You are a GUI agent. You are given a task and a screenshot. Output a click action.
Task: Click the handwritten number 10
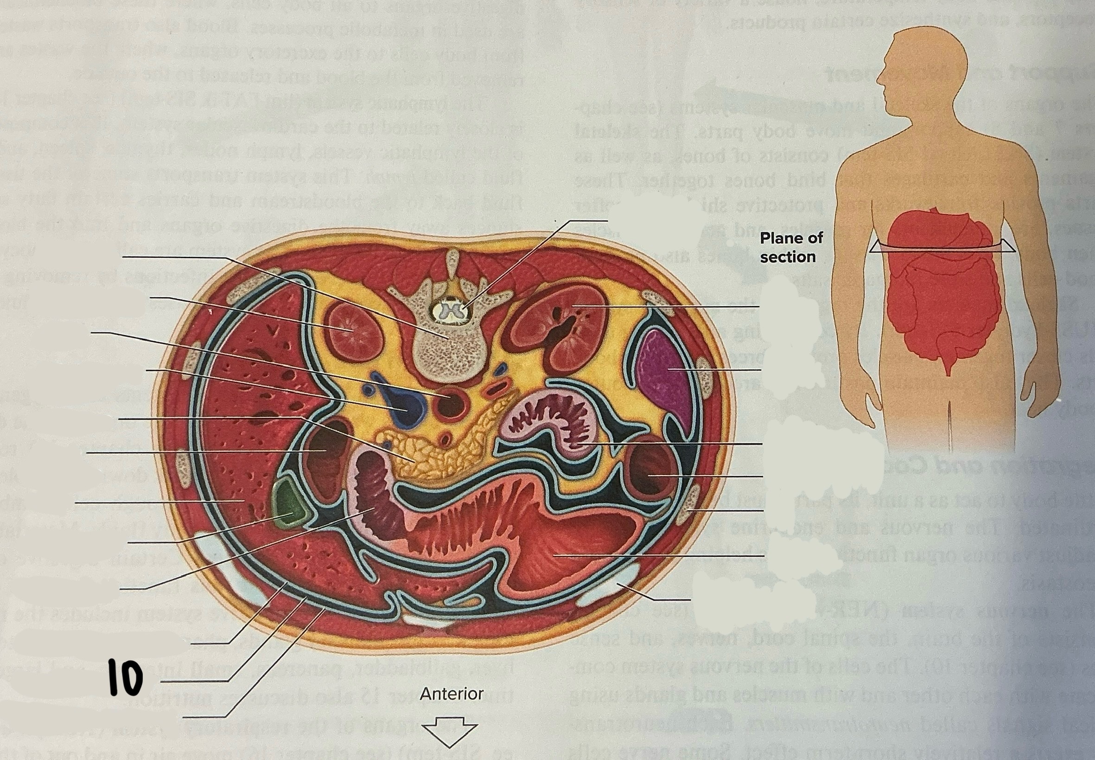pyautogui.click(x=125, y=677)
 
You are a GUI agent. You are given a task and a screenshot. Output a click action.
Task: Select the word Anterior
pyautogui.click(x=452, y=694)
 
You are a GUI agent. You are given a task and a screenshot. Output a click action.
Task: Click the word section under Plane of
pyautogui.click(x=787, y=257)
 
